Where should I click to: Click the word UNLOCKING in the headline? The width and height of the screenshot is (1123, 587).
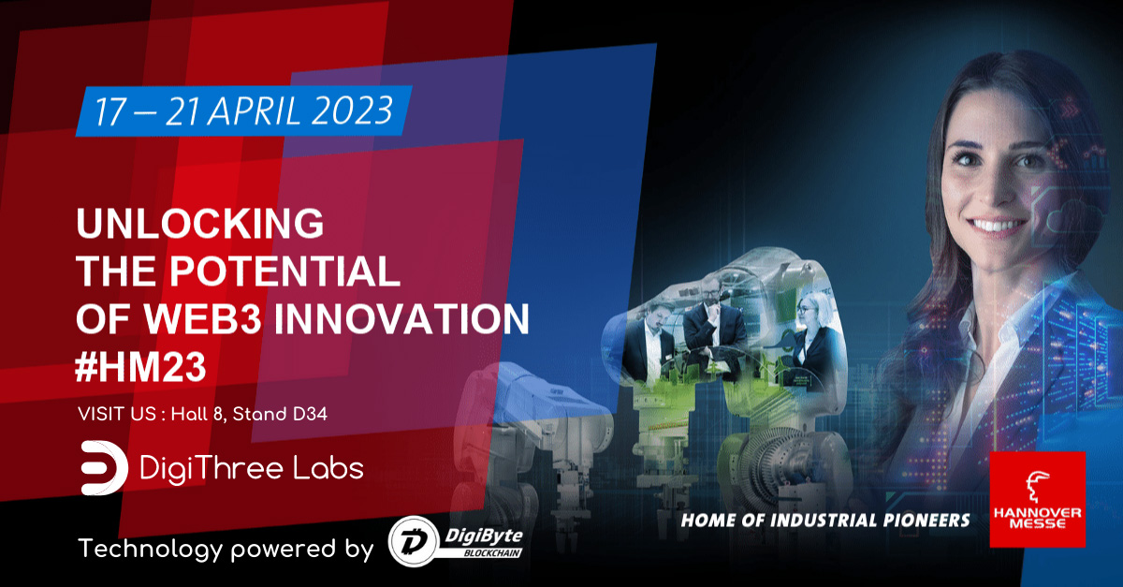coord(198,225)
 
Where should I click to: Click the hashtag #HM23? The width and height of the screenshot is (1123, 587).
coord(140,366)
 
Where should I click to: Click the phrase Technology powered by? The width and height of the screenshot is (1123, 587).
coord(225,549)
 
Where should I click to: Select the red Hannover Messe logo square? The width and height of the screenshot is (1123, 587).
coord(1036,499)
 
